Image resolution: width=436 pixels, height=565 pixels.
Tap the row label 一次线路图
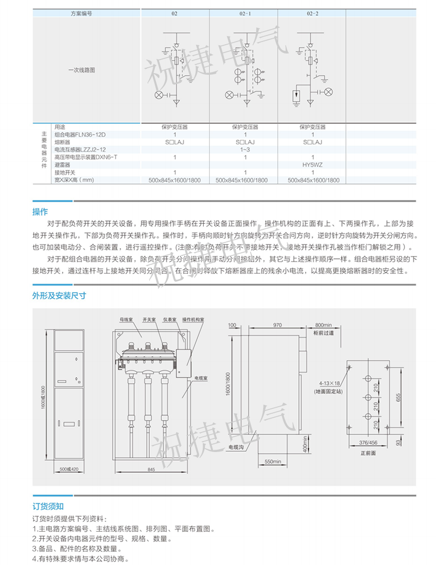point(82,70)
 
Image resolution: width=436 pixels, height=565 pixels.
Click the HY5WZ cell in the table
point(313,164)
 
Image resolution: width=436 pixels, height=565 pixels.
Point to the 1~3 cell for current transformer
point(245,149)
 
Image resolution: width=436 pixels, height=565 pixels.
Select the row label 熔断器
point(63,141)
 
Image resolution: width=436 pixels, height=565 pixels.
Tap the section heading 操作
point(40,211)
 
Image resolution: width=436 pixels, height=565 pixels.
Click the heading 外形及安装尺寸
point(59,296)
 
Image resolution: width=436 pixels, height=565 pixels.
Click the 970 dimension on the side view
point(277,325)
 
